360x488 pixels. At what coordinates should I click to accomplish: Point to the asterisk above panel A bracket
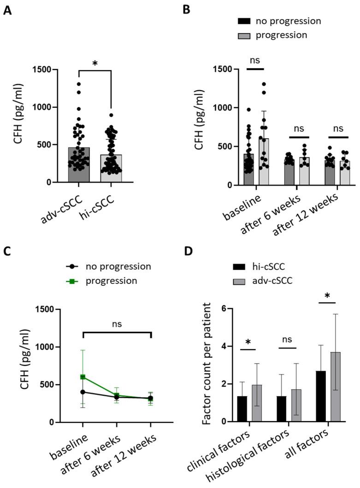coord(95,63)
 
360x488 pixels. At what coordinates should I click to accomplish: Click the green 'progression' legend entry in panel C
coord(111,280)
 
